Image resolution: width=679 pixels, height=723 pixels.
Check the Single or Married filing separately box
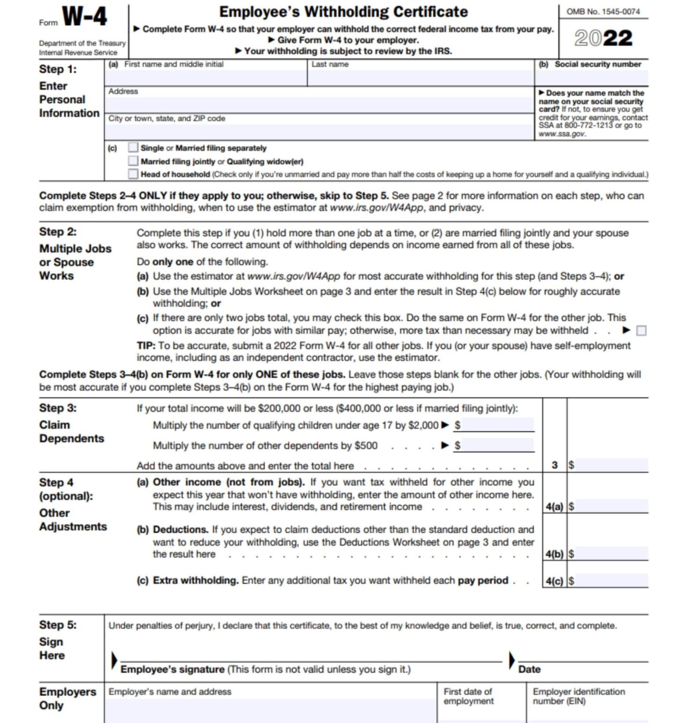pos(133,148)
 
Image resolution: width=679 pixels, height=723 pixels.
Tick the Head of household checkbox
pos(133,174)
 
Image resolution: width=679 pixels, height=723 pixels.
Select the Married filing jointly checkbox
pos(133,161)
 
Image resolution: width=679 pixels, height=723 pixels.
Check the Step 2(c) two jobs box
pos(641,331)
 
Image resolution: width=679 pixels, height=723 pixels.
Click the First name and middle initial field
pos(206,78)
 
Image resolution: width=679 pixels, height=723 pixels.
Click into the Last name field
pos(420,78)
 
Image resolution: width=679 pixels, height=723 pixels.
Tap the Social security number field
pos(592,78)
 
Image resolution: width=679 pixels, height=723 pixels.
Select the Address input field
pos(319,104)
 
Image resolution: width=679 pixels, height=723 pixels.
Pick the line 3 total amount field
pos(611,465)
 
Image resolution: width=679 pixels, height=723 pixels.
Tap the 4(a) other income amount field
pos(611,506)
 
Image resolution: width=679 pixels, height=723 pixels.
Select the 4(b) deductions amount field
pos(611,554)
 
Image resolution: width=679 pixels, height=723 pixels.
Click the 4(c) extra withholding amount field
pos(611,581)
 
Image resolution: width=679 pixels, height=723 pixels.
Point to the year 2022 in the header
pos(603,38)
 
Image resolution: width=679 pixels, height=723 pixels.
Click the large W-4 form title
pos(85,17)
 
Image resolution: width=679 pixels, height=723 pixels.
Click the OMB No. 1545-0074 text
pos(603,12)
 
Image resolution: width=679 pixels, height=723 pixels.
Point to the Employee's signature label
pos(172,669)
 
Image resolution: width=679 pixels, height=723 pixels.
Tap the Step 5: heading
pos(57,625)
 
